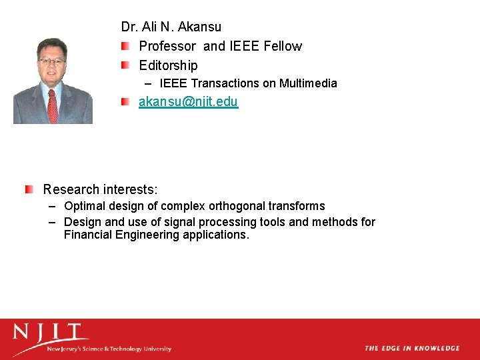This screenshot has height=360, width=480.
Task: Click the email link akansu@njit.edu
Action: tap(188, 102)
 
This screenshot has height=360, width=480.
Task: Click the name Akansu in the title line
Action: tap(199, 27)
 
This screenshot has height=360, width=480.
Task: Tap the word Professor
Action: tap(167, 46)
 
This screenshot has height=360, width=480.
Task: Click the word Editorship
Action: tap(168, 65)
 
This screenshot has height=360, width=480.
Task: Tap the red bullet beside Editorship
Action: tap(125, 65)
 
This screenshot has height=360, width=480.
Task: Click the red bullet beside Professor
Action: tap(125, 46)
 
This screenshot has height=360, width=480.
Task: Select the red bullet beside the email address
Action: tap(125, 102)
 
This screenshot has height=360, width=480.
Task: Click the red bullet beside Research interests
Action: tap(29, 190)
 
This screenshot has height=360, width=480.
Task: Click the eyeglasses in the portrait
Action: tap(51, 61)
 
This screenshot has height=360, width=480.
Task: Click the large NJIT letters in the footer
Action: tap(51, 333)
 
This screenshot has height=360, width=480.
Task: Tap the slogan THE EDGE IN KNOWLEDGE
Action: tap(412, 348)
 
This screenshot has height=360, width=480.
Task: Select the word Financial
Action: tap(89, 235)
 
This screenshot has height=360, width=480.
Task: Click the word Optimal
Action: tap(85, 206)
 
